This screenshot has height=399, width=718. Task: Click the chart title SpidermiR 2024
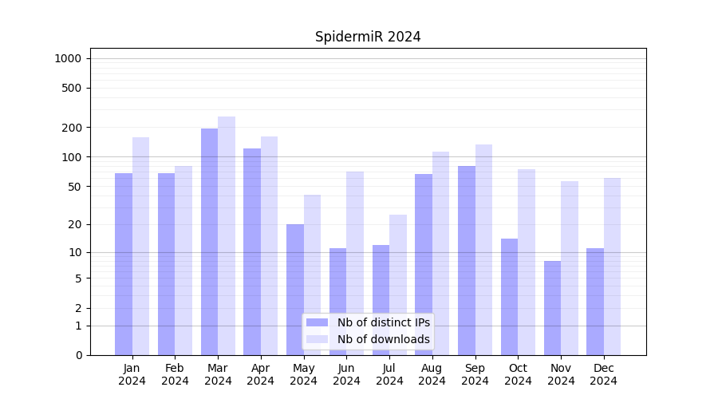368,37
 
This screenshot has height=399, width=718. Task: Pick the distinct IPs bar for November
552,308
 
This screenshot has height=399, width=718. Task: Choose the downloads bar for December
612,267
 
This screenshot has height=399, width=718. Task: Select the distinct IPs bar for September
467,260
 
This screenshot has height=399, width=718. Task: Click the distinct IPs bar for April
252,251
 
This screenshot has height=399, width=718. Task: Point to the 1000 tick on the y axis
68,58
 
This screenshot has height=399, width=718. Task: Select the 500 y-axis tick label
72,88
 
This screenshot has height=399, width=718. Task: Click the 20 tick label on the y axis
74,224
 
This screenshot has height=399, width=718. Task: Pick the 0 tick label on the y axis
78,355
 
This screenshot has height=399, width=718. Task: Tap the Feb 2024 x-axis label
175,374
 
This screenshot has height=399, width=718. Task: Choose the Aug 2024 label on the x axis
432,374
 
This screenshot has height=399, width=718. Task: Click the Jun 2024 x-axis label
346,374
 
